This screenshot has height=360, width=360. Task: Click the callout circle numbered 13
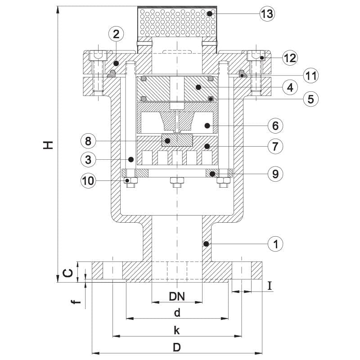267,14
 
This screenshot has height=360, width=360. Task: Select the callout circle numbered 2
116,35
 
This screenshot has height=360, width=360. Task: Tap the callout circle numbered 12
290,58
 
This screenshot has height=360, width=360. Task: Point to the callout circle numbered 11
311,76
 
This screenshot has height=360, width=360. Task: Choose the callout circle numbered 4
290,87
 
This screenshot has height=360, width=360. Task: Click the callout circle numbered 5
311,99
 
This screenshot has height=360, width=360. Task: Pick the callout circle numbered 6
275,126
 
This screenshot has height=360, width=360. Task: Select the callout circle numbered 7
275,146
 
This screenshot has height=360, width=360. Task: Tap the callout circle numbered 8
88,141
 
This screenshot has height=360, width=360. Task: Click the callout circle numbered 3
88,160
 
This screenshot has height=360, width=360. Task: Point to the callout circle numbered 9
275,174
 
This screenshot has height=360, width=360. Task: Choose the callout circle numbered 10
88,181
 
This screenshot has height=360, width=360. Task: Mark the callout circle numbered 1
275,244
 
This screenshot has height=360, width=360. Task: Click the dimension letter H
48,145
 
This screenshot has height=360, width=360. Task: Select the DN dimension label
177,297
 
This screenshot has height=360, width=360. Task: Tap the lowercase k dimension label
176,330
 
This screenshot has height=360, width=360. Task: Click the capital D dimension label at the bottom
177,347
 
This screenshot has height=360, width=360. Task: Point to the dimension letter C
68,273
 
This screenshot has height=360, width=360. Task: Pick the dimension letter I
270,286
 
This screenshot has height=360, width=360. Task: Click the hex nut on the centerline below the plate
177,182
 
